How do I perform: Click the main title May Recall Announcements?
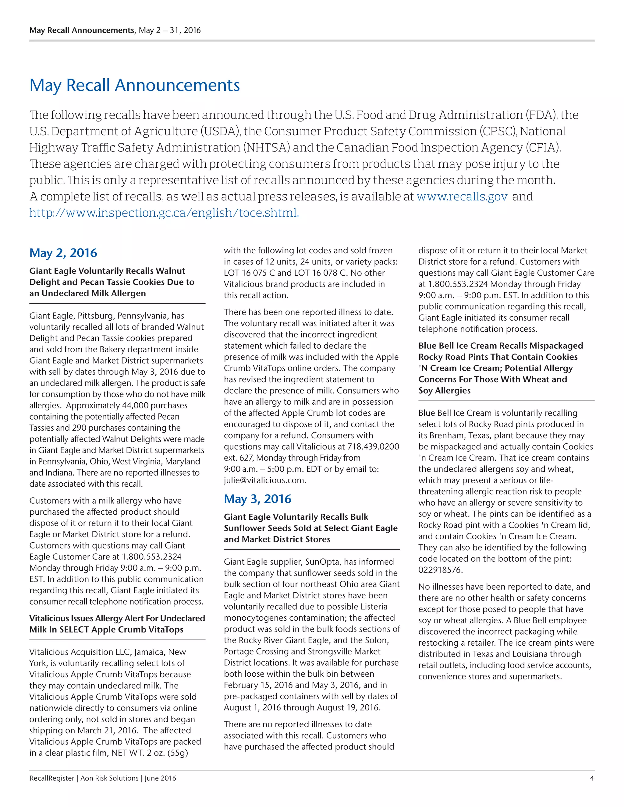coord(135,85)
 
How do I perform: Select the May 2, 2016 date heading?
coord(63,253)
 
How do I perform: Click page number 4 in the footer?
coord(591,778)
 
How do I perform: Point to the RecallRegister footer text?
coord(52,778)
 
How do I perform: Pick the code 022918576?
coord(440,570)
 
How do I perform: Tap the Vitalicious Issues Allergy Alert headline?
coord(117,624)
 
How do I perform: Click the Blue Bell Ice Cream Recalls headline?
coord(500,368)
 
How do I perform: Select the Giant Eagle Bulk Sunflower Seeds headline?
coord(310,528)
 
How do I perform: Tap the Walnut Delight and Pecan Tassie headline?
coord(112,282)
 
